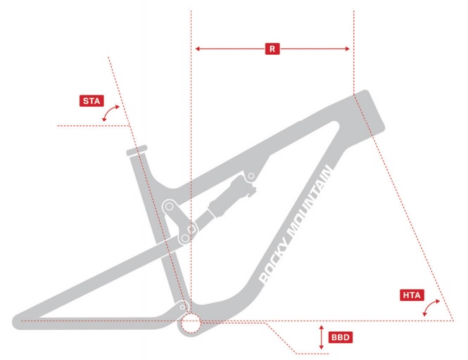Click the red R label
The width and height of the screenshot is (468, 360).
tap(272, 49)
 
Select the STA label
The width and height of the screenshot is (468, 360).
tap(91, 101)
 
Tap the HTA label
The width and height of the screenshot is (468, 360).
tap(410, 295)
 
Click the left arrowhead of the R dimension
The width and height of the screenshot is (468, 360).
tap(198, 49)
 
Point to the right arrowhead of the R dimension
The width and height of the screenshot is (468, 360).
tap(347, 49)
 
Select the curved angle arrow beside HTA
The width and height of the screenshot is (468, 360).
tap(434, 307)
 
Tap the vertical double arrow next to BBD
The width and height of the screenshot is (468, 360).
tap(322, 337)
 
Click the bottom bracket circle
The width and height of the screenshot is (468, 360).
tap(190, 323)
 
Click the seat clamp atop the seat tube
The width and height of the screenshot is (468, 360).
tap(136, 150)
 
